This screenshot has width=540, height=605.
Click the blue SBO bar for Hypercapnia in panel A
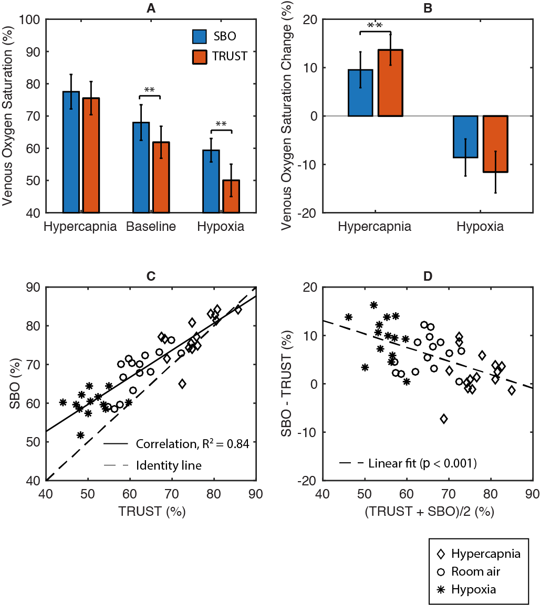(x=71, y=152)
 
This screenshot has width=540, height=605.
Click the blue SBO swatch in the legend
(x=199, y=36)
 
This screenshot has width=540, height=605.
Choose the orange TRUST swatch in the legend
(x=199, y=56)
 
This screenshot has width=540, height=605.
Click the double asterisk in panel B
(x=375, y=26)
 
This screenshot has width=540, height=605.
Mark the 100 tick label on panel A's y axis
(x=29, y=20)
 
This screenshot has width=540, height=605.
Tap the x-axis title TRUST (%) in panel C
(x=151, y=511)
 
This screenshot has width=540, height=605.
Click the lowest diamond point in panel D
(x=444, y=419)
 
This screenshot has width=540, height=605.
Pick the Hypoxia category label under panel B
(x=480, y=227)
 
